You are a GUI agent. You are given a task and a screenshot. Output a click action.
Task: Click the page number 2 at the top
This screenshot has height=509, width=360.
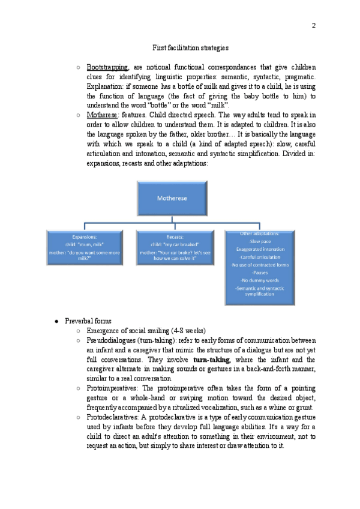(314, 25)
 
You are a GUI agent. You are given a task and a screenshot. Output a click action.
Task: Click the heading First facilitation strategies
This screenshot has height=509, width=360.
(190, 47)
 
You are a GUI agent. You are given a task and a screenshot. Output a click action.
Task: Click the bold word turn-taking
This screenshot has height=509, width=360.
(212, 360)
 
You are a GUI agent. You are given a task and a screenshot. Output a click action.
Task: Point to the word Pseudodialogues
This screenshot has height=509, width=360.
(113, 340)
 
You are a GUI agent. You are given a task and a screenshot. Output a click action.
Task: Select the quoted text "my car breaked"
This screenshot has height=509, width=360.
(179, 245)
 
